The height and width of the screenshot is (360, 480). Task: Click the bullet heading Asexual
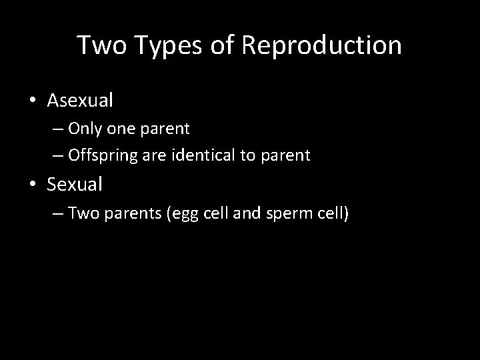click(80, 101)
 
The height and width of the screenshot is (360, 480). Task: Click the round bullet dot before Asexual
click(33, 101)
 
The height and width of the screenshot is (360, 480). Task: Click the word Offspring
click(100, 156)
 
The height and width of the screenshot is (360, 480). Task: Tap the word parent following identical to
click(286, 156)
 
